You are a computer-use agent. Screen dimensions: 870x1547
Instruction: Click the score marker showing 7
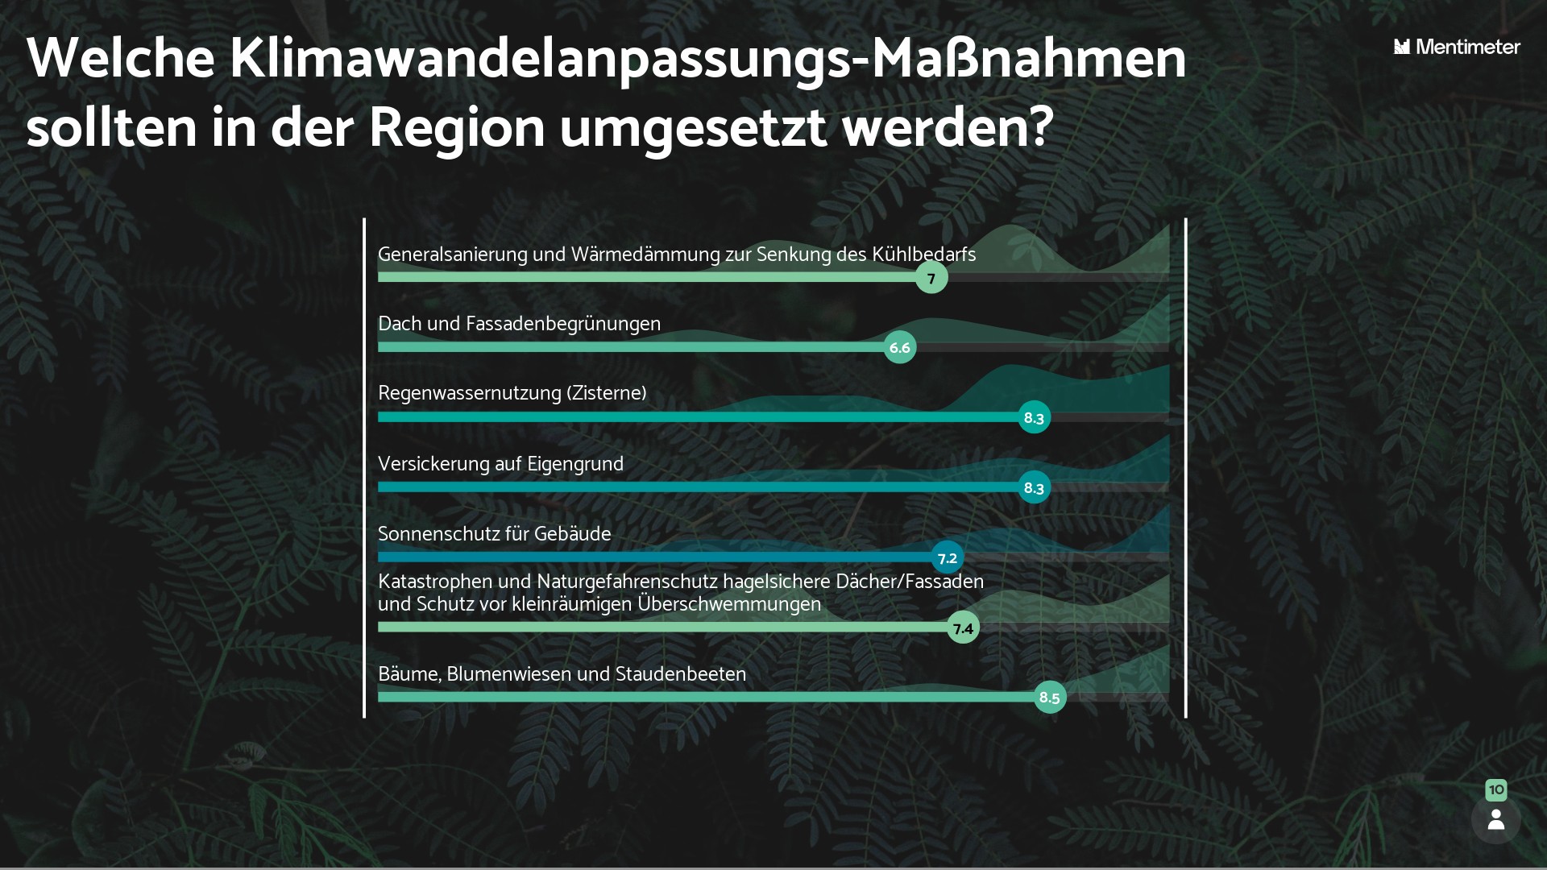coord(931,278)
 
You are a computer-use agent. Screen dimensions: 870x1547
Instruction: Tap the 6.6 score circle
coord(899,348)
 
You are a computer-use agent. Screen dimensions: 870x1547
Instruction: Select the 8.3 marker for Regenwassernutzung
coord(1034,417)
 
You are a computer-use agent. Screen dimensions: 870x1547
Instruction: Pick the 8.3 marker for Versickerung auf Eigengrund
coord(1034,487)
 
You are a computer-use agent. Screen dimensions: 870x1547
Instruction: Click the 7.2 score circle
coord(948,557)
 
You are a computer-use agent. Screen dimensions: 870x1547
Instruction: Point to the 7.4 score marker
coord(963,628)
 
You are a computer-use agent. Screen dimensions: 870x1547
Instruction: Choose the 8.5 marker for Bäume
coord(1049,698)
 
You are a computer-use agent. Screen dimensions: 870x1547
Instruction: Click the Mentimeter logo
coord(1457,47)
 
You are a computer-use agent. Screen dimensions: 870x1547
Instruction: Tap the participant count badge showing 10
coord(1495,789)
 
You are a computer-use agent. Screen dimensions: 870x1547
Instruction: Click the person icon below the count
coord(1495,820)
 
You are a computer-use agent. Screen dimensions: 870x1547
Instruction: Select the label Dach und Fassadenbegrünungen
coord(519,324)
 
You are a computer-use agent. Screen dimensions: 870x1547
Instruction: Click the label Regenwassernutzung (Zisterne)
coord(512,393)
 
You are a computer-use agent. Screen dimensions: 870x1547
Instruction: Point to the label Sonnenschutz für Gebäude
coord(494,534)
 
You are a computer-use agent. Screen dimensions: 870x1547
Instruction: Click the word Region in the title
coord(457,127)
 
